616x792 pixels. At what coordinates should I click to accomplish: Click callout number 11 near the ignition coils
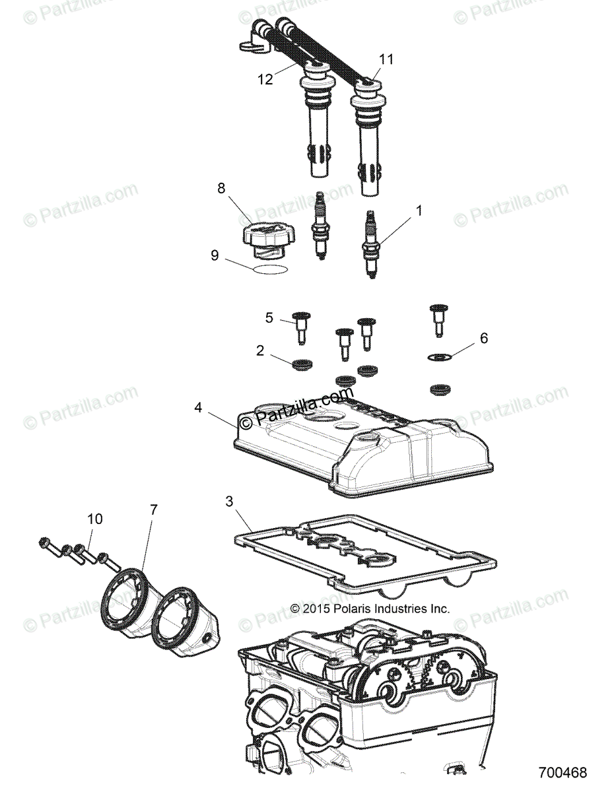click(386, 59)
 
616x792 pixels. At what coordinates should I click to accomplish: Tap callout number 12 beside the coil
click(265, 79)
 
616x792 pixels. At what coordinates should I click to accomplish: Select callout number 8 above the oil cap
click(221, 187)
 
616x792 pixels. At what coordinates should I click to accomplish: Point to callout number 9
click(215, 255)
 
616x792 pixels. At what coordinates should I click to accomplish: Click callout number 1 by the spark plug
click(418, 211)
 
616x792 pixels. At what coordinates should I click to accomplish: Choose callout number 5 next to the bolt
click(269, 317)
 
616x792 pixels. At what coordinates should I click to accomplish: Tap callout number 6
click(484, 338)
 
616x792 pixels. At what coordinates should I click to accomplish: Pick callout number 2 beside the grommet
click(260, 350)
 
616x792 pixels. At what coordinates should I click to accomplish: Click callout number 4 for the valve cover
click(198, 408)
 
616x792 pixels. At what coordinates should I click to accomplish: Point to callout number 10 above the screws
click(95, 519)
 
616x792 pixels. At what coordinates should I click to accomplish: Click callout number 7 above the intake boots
click(153, 509)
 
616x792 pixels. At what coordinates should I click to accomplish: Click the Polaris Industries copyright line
click(370, 609)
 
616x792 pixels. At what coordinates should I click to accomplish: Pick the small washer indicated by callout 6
click(439, 357)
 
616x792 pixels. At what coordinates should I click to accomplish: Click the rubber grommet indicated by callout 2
click(302, 364)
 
